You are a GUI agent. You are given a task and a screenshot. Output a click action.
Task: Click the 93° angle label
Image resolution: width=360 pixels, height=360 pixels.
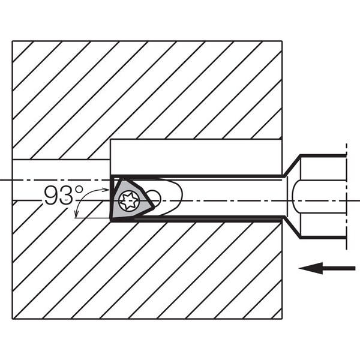64,196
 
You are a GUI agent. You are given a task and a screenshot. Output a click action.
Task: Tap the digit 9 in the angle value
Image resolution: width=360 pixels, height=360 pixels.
51,196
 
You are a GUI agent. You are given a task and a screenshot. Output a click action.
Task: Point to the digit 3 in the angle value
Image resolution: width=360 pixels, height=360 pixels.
67,196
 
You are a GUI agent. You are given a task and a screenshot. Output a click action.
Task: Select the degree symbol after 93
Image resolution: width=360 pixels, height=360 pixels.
79,190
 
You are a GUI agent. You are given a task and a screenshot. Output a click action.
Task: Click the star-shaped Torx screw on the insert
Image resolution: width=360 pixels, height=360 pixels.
128,201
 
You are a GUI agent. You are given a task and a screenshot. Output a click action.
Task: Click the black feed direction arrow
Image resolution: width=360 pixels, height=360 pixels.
327,268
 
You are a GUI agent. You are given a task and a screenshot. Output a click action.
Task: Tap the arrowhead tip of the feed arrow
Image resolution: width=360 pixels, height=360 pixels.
299,268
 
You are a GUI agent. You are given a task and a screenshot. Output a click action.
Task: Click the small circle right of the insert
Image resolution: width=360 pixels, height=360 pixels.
153,197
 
